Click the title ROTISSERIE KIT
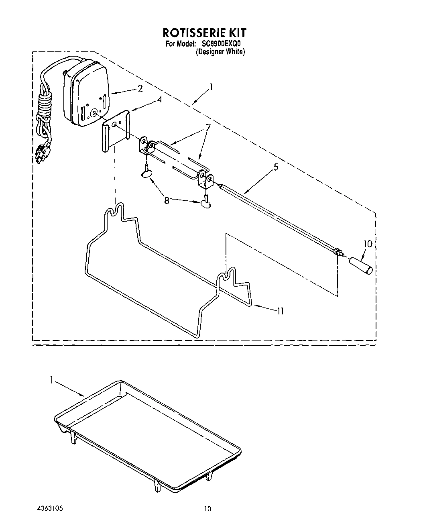pyautogui.click(x=204, y=32)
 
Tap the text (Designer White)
pyautogui.click(x=220, y=52)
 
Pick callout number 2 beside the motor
pyautogui.click(x=140, y=89)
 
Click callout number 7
pyautogui.click(x=208, y=128)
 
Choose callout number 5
pyautogui.click(x=275, y=167)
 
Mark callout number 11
pyautogui.click(x=280, y=310)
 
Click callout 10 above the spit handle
pyautogui.click(x=368, y=244)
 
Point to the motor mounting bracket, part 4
pyautogui.click(x=115, y=131)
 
